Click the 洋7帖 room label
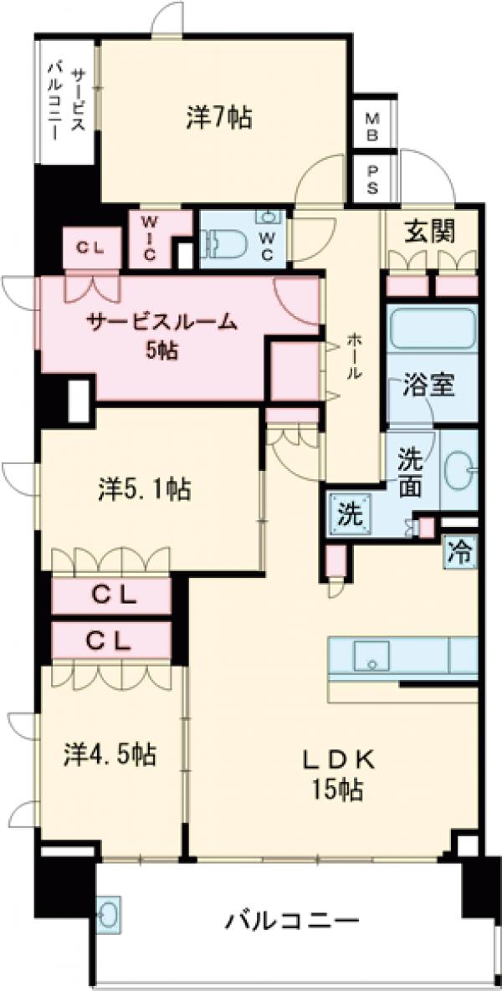[x=220, y=119]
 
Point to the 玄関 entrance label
[x=431, y=232]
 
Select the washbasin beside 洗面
[x=458, y=468]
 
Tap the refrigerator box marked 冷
[x=459, y=553]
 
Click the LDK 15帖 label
[x=335, y=774]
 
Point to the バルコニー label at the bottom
[x=292, y=922]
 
